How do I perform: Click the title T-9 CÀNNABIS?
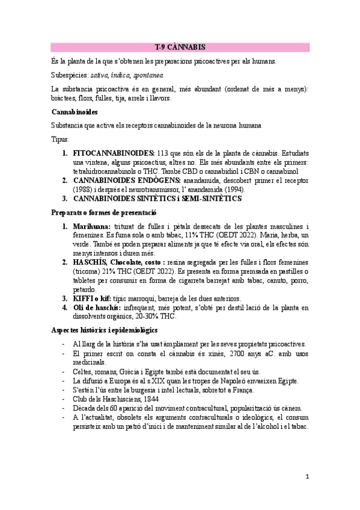[x=180, y=47]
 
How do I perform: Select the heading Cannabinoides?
[x=75, y=112]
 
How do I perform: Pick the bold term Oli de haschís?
[x=99, y=308]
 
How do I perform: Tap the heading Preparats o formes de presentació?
[x=103, y=212]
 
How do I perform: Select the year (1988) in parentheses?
[x=85, y=189]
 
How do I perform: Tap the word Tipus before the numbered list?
[x=60, y=139]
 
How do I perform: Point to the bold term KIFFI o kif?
[x=92, y=298]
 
